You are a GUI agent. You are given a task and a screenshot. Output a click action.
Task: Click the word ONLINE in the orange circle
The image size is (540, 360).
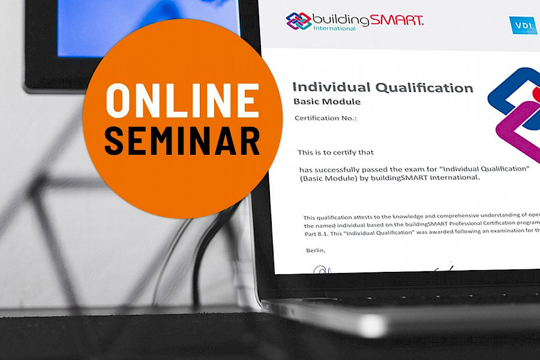click(x=182, y=100)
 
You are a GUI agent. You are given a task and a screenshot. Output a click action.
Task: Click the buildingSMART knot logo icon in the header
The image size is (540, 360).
click(x=298, y=21)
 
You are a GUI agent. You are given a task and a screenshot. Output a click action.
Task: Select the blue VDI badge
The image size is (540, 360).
click(x=523, y=25)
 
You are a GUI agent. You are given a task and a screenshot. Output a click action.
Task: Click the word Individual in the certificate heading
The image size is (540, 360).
click(x=330, y=88)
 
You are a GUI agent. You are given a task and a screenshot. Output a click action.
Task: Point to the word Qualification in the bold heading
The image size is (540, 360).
click(x=424, y=88)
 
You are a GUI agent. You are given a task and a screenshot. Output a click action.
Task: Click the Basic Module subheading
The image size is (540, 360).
click(x=327, y=101)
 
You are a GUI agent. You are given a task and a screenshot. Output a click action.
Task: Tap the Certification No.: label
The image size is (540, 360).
click(x=325, y=118)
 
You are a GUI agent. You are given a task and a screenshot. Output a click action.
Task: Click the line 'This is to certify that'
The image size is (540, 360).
click(x=335, y=152)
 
